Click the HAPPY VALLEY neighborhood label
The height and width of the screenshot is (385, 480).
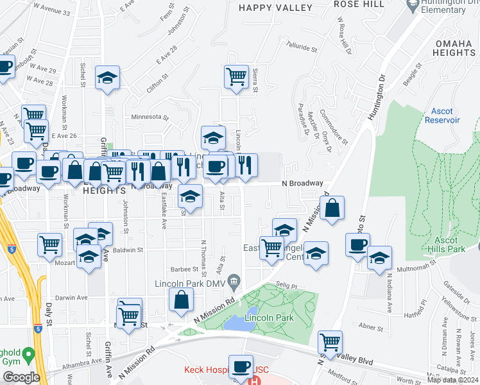click(x=275, y=8)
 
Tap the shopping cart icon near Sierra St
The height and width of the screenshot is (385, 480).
click(x=236, y=76)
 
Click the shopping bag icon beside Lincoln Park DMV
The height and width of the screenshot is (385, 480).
click(x=182, y=300)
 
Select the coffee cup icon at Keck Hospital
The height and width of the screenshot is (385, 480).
click(x=241, y=366)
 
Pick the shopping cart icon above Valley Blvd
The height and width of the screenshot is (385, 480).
click(x=330, y=341)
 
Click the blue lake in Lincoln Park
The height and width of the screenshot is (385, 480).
click(x=238, y=323)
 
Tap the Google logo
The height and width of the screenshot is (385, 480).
click(x=21, y=377)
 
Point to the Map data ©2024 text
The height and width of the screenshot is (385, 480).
click(x=452, y=380)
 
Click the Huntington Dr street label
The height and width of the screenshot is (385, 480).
click(x=378, y=98)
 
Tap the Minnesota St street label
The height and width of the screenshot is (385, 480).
click(x=149, y=117)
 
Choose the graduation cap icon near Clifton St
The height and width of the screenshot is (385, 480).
click(x=107, y=78)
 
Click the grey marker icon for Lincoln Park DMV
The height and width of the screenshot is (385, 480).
click(x=236, y=279)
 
